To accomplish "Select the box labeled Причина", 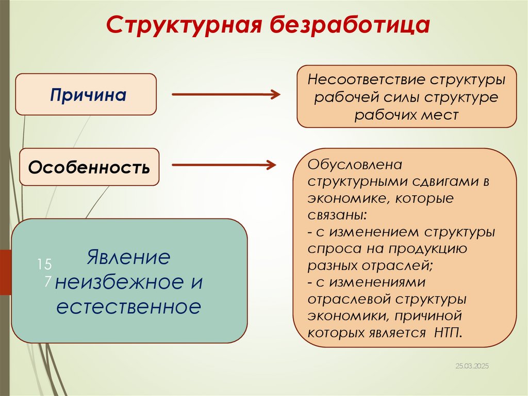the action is [x=86, y=94].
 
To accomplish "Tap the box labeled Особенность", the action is [x=89, y=167].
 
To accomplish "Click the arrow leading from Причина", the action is [x=225, y=94].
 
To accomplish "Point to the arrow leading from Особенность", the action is [x=223, y=165].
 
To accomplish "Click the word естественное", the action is [x=128, y=307].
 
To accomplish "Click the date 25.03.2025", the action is [x=472, y=366].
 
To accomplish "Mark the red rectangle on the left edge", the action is [x=5, y=272].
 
